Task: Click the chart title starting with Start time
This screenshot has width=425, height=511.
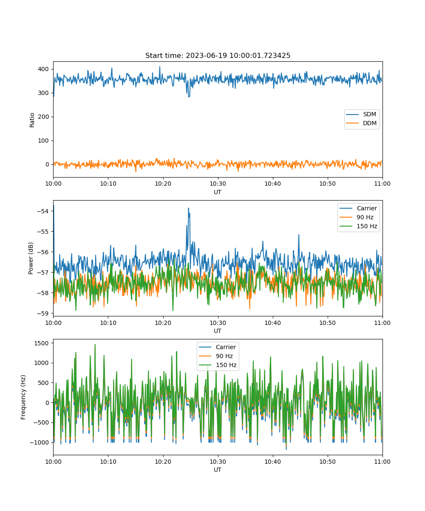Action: pyautogui.click(x=218, y=55)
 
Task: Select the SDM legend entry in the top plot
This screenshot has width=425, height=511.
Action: pyautogui.click(x=361, y=114)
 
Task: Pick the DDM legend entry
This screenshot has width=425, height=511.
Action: pyautogui.click(x=361, y=123)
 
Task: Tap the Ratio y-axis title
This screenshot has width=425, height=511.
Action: pyautogui.click(x=32, y=120)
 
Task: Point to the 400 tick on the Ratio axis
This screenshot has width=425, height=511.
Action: pyautogui.click(x=43, y=69)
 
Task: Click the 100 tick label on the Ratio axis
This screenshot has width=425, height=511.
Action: pyautogui.click(x=43, y=141)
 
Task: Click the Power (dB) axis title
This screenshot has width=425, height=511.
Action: pyautogui.click(x=31, y=258)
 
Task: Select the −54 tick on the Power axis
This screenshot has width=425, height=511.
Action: pyautogui.click(x=43, y=211)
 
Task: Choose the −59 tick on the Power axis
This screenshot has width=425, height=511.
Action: pyautogui.click(x=43, y=313)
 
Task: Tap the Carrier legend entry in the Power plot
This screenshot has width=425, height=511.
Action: pyautogui.click(x=358, y=208)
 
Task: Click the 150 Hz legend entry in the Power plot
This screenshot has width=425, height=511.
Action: pyautogui.click(x=358, y=226)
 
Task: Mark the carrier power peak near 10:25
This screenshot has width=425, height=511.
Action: pyautogui.click(x=188, y=208)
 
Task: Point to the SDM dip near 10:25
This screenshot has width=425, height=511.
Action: pyautogui.click(x=189, y=97)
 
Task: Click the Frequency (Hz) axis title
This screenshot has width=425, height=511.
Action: pyautogui.click(x=23, y=397)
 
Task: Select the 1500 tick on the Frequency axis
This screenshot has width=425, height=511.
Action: pyautogui.click(x=41, y=343)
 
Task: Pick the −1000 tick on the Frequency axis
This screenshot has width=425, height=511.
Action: pyautogui.click(x=39, y=442)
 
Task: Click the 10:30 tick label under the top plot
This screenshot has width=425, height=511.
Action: pyautogui.click(x=218, y=184)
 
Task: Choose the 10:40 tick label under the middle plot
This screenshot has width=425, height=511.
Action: pyautogui.click(x=272, y=323)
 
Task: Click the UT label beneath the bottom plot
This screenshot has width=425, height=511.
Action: pyautogui.click(x=217, y=470)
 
